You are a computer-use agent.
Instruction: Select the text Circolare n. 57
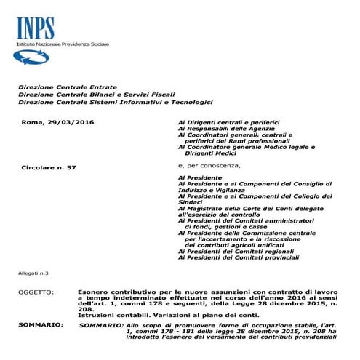[49, 168]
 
